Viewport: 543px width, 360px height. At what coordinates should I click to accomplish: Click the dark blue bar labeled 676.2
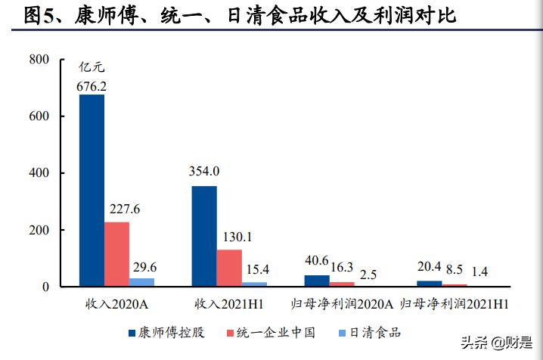pos(92,191)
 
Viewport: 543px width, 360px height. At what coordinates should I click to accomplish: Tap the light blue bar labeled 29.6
pos(141,282)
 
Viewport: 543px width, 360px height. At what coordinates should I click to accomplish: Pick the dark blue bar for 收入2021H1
pos(204,236)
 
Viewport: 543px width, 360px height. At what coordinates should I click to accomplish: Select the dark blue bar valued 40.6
pos(317,281)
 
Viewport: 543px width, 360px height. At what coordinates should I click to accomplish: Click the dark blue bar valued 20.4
pos(429,284)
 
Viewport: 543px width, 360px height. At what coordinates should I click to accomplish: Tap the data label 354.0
pos(204,172)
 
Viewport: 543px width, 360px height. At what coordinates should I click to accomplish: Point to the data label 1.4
pos(482,270)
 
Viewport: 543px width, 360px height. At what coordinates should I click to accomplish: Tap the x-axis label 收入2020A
pos(116,304)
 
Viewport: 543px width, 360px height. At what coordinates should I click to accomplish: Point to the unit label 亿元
pos(92,68)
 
